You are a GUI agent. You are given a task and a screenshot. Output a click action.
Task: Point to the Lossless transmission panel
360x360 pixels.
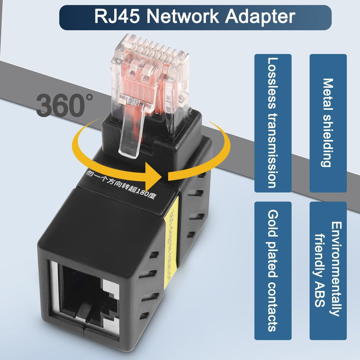[273, 123]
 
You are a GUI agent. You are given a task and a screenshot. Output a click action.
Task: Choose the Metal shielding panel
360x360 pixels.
[328, 123]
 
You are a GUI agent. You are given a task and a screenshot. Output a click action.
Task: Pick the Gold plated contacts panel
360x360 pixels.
[273, 271]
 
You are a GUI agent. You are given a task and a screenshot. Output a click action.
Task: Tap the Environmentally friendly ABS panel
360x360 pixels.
[328, 271]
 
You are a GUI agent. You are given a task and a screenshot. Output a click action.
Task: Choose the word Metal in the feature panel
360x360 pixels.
[328, 92]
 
